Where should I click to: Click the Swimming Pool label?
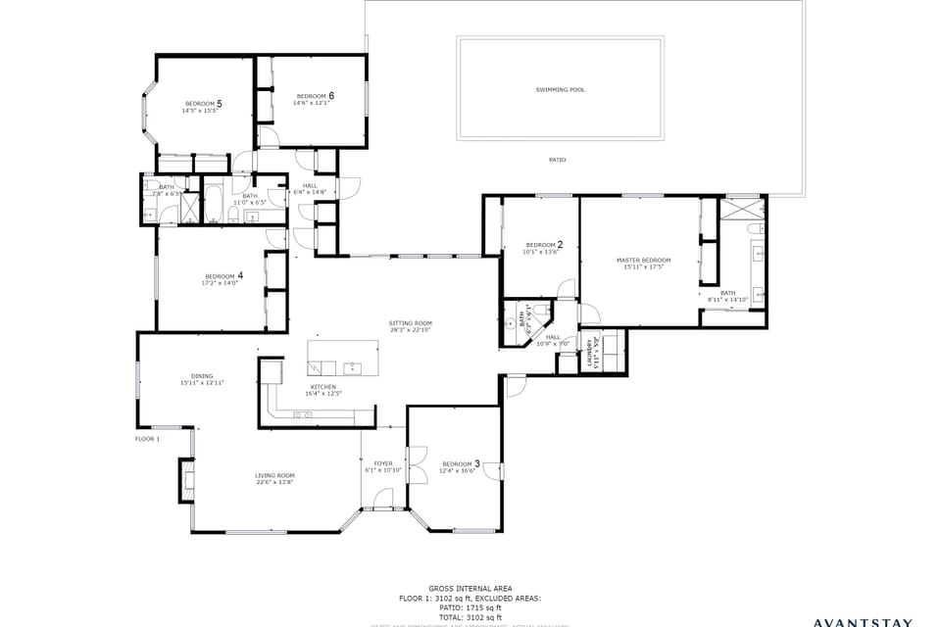(x=560, y=90)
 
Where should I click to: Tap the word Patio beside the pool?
(x=557, y=160)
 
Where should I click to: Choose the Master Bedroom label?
(x=643, y=261)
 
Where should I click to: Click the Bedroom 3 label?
(x=460, y=463)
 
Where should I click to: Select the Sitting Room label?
(x=410, y=323)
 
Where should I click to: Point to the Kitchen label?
(x=323, y=387)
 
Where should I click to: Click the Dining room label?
(x=202, y=376)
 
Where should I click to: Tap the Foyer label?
(x=383, y=463)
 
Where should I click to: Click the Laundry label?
(x=592, y=353)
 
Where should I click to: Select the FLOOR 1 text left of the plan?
(x=147, y=439)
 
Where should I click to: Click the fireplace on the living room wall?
(x=185, y=478)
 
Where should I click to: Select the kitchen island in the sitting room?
(x=342, y=358)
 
